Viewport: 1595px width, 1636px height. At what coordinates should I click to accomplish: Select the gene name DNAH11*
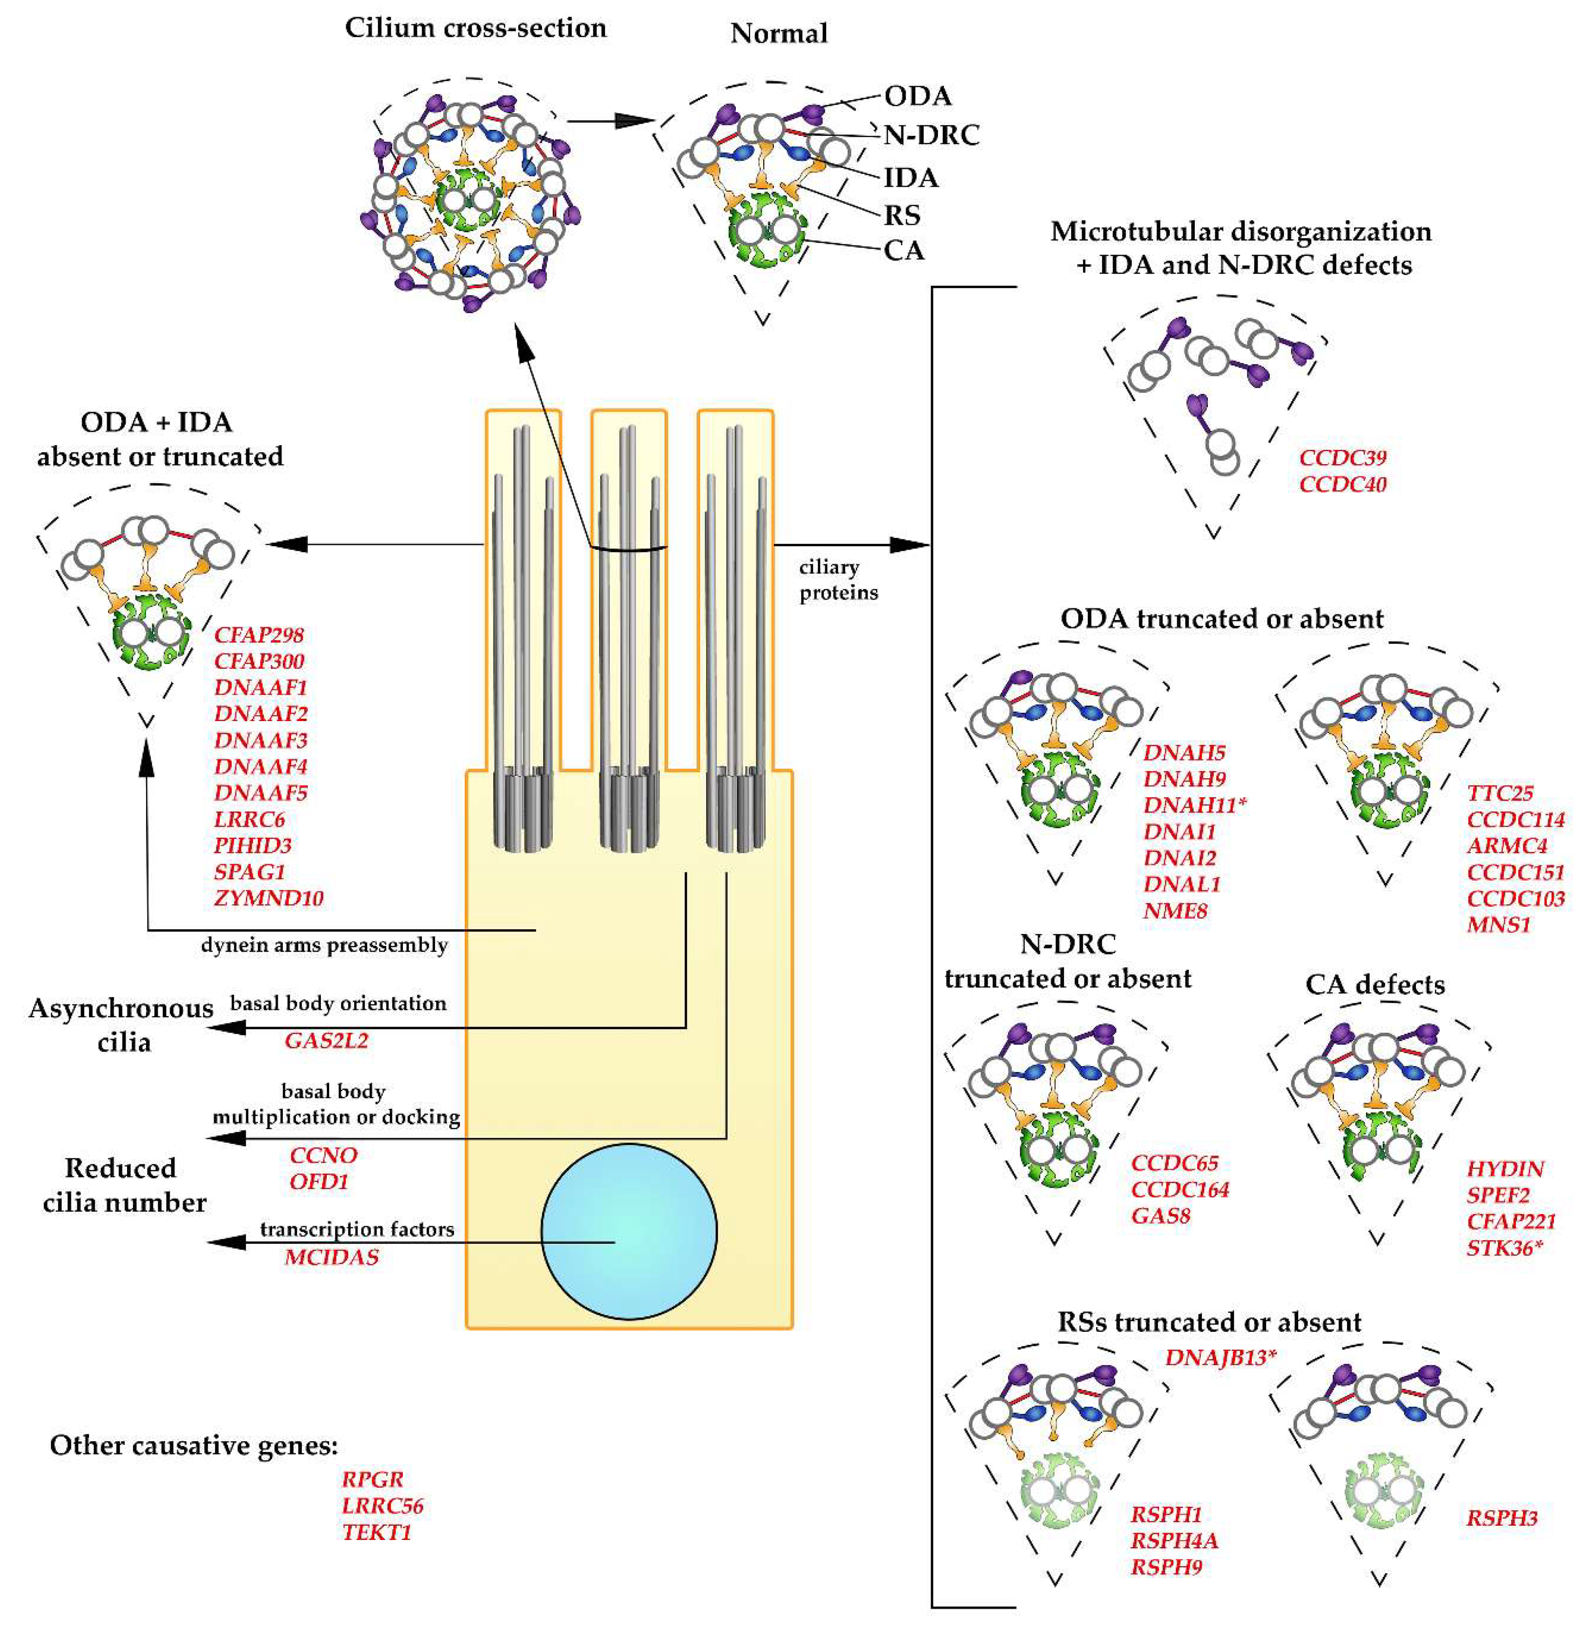tap(1194, 805)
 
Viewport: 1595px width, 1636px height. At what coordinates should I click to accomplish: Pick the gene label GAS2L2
tap(326, 1041)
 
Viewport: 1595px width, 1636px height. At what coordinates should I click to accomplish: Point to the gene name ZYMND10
tap(268, 898)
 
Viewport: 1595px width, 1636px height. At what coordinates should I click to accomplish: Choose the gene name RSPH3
tap(1501, 1518)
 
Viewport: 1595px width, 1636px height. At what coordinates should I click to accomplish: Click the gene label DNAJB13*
tap(1220, 1357)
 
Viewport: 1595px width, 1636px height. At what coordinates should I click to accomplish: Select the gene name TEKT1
tap(376, 1532)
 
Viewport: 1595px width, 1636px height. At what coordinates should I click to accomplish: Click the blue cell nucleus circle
tap(628, 1231)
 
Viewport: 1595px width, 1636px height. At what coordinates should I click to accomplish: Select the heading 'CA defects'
tap(1375, 984)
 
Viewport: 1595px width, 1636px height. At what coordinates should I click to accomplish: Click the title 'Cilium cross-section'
tap(475, 28)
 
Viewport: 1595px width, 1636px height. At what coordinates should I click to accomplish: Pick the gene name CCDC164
tap(1180, 1189)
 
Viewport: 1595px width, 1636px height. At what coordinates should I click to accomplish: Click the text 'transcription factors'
tap(357, 1229)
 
